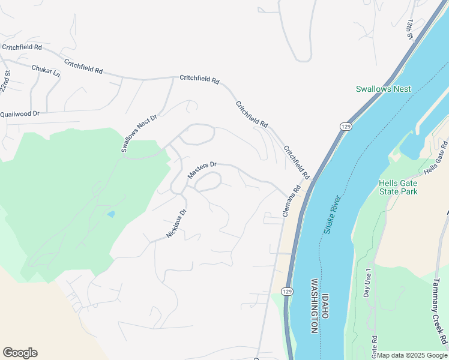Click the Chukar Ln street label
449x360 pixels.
point(46,70)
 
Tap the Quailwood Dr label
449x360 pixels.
point(20,113)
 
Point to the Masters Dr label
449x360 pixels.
point(202,170)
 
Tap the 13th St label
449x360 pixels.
point(410,29)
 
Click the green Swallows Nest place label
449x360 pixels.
point(383,89)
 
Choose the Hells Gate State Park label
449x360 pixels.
point(398,187)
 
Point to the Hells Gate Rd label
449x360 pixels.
point(436,158)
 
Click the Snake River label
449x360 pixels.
point(332,215)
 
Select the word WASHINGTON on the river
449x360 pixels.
point(314,305)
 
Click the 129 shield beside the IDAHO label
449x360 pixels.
point(288,291)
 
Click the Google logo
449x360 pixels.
point(20,353)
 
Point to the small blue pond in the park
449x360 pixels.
point(110,214)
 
